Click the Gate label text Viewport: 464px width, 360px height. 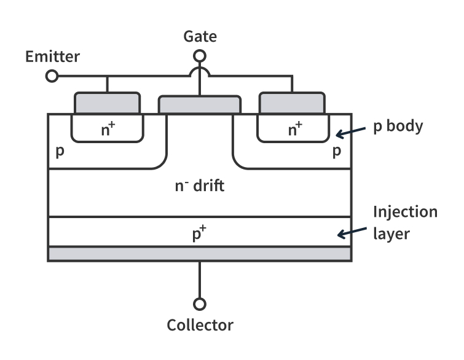coord(200,37)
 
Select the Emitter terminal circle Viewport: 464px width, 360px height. coord(53,76)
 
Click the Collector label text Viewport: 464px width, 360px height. coord(200,324)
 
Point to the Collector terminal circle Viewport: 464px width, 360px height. coord(199,304)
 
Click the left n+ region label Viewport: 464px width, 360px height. coord(107,130)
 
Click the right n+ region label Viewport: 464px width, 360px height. coord(296,130)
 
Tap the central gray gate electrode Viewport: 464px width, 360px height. coord(199,105)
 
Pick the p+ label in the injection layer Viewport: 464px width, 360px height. coord(200,234)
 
